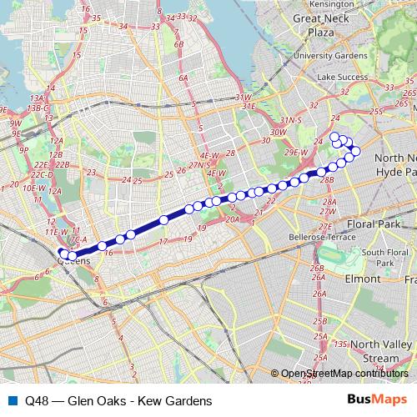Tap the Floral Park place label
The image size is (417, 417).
click(x=350, y=224)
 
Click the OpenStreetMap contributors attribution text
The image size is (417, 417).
click(x=344, y=374)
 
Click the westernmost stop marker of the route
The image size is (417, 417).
click(x=63, y=254)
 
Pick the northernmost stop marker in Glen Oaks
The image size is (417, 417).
click(x=334, y=137)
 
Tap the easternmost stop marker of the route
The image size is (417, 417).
click(x=356, y=151)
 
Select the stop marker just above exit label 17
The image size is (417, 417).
click(x=164, y=220)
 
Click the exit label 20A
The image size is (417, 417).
click(x=233, y=219)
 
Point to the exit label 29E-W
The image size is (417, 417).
click(x=297, y=153)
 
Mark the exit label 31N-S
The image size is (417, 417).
click(x=290, y=121)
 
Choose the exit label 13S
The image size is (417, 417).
click(x=339, y=344)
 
